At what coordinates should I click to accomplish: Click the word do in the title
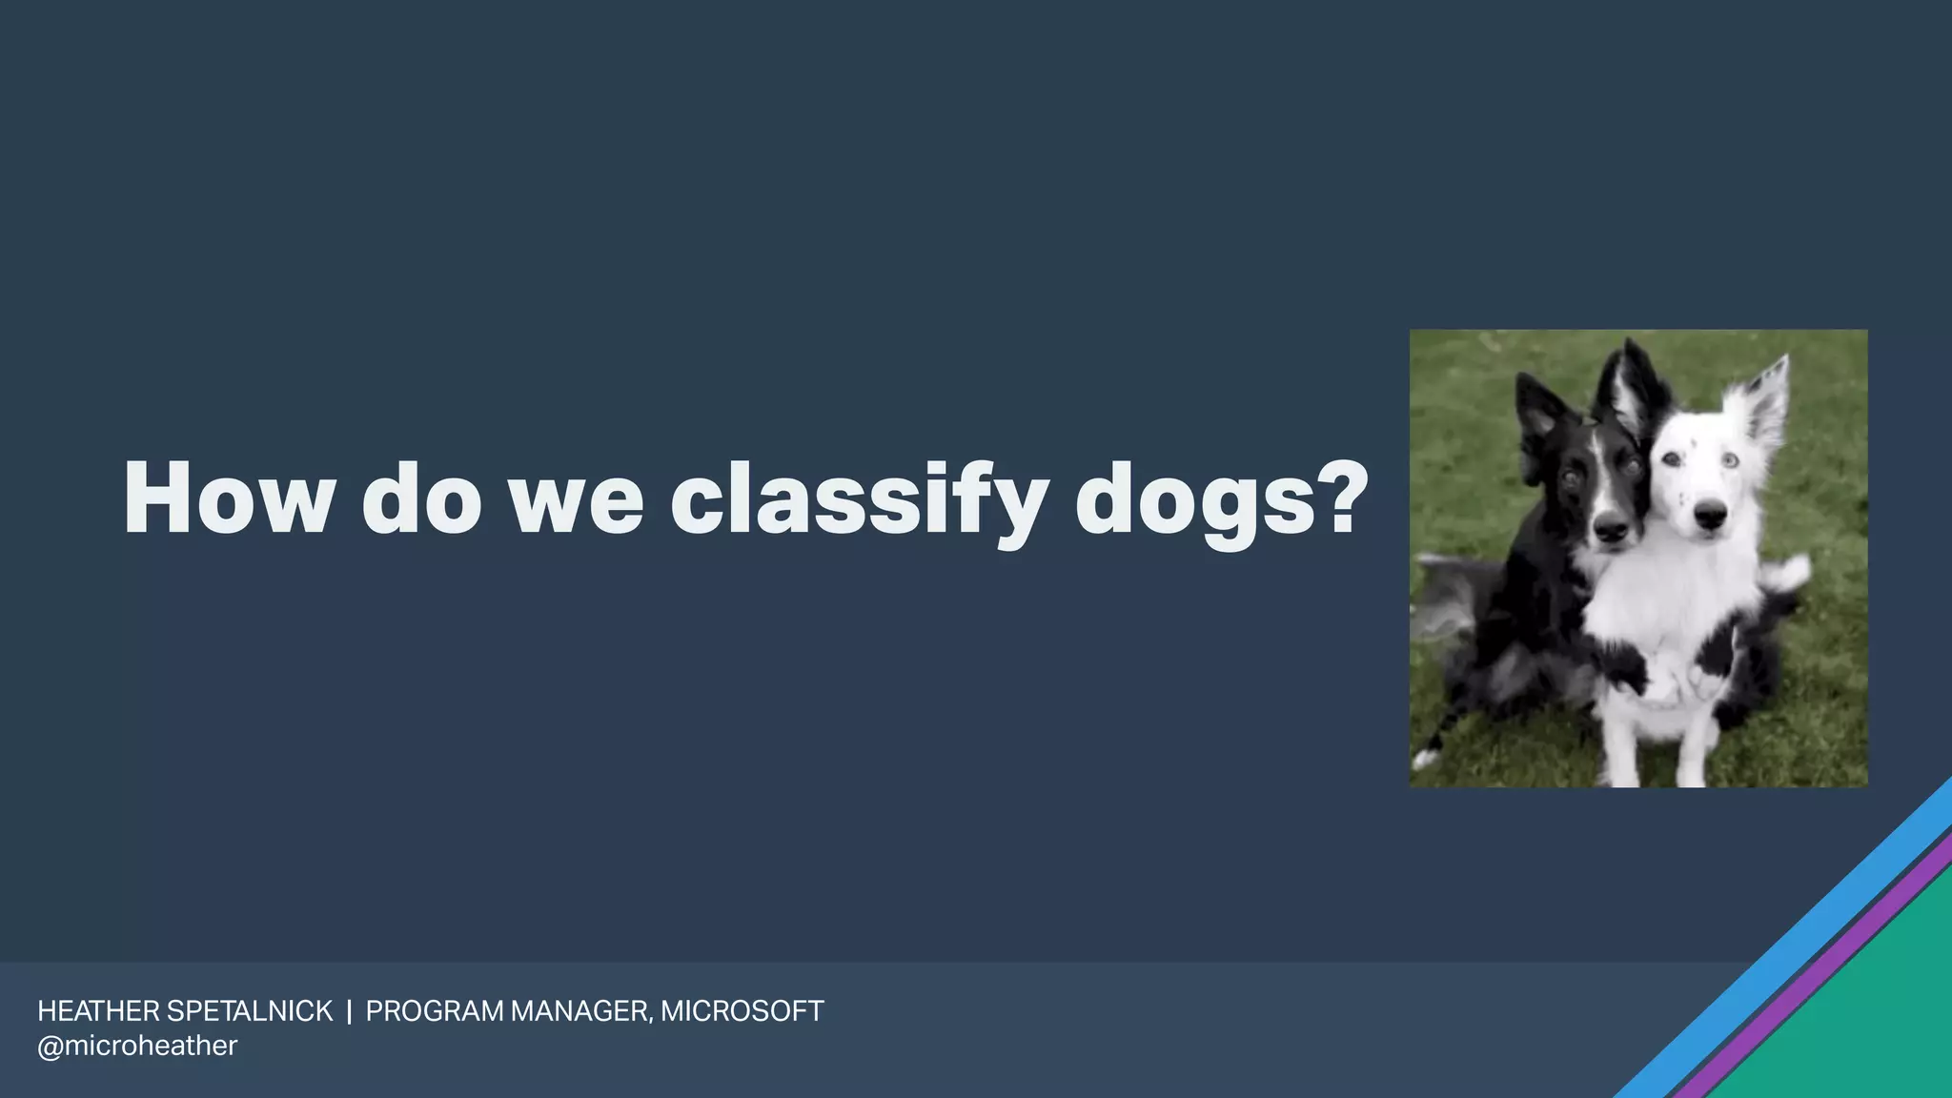click(421, 500)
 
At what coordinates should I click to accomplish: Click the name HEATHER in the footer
click(98, 1011)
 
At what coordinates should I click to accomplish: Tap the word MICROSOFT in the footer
click(742, 1011)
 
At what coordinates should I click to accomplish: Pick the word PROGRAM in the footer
click(434, 1011)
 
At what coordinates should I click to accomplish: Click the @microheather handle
click(137, 1046)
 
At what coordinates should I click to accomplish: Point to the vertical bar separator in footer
click(349, 1011)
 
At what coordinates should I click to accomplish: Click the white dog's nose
click(1710, 518)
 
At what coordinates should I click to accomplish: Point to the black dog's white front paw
click(1426, 759)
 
